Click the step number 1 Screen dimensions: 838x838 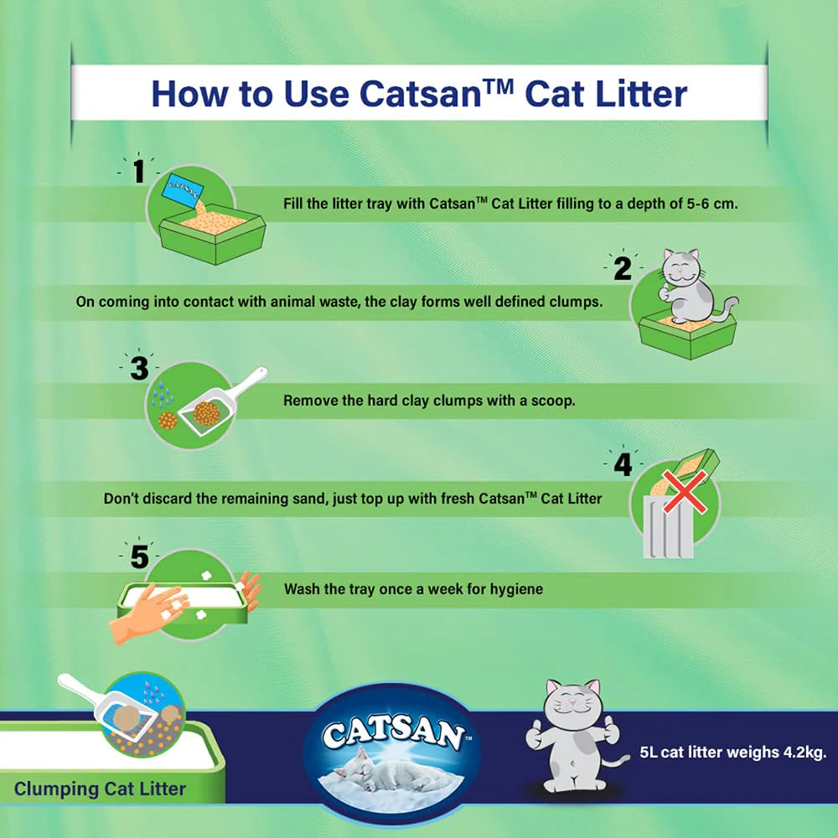point(139,171)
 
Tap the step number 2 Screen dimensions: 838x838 point(622,269)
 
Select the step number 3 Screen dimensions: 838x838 point(139,368)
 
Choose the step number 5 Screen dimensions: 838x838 point(139,556)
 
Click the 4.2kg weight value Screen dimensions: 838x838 point(802,752)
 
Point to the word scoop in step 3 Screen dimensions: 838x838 point(554,401)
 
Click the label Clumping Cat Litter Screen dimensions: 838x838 point(101,789)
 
